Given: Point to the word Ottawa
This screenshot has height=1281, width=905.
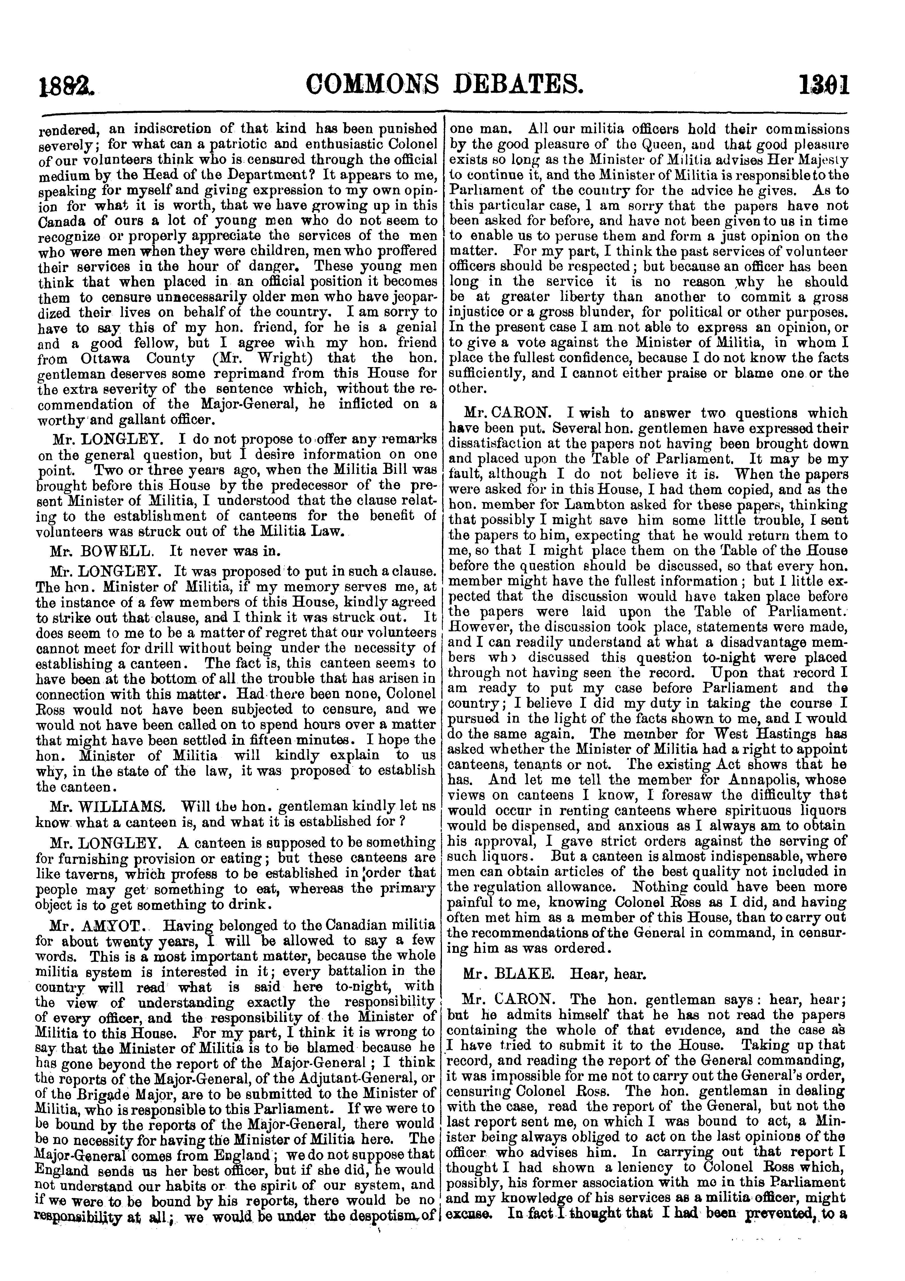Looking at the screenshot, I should coord(93,358).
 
